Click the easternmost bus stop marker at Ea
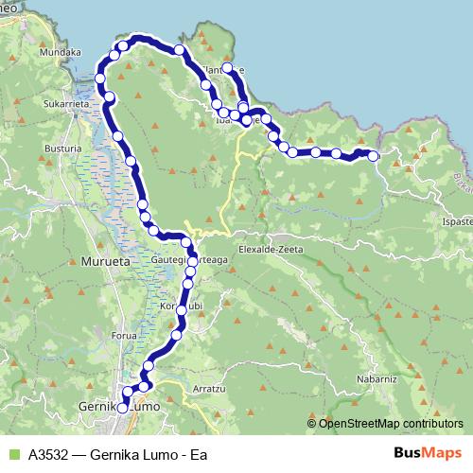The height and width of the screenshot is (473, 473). click(x=374, y=156)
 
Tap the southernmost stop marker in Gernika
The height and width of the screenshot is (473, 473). click(x=124, y=407)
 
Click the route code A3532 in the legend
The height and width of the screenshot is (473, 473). click(x=50, y=453)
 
